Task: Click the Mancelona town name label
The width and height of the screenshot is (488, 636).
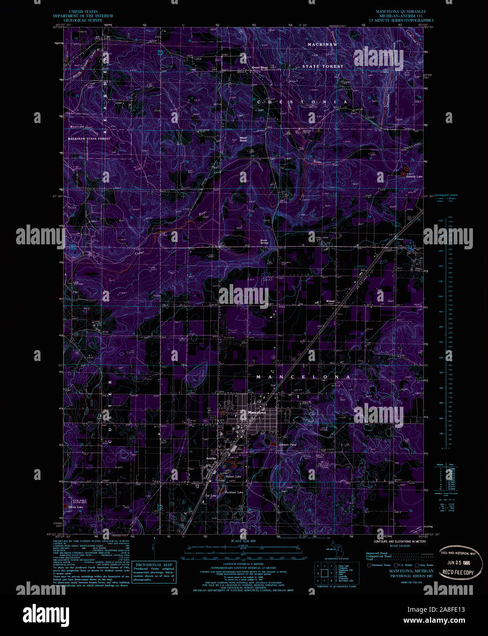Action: [257, 413]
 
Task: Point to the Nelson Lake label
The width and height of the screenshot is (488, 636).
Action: [233, 477]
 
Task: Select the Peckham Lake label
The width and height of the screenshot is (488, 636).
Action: [234, 492]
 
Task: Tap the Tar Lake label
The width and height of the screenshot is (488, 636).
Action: [210, 496]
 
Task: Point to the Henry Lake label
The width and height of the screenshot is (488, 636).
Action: [76, 507]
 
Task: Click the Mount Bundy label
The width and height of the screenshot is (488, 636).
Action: [243, 139]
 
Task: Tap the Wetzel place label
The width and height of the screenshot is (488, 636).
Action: [330, 301]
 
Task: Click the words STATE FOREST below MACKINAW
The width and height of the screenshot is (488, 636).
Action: [322, 66]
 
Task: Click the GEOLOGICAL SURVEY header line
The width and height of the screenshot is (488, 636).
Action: [83, 20]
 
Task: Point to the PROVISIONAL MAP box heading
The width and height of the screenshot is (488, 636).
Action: [154, 565]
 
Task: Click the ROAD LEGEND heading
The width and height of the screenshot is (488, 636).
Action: [400, 546]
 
